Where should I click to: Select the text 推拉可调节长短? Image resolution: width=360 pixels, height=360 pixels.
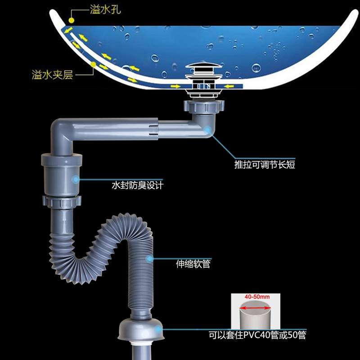pyautogui.click(x=265, y=164)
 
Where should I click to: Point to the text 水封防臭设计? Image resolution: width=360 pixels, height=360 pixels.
pyautogui.click(x=137, y=185)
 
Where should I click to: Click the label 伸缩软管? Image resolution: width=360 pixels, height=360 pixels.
pyautogui.click(x=193, y=264)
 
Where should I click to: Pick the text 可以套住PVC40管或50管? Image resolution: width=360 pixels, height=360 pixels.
pyautogui.click(x=260, y=335)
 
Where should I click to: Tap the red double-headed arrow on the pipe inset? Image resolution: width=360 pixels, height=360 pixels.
pyautogui.click(x=255, y=308)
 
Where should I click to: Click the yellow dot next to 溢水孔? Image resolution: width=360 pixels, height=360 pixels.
pyautogui.click(x=72, y=21)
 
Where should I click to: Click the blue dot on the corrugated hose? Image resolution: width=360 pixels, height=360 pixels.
pyautogui.click(x=149, y=259)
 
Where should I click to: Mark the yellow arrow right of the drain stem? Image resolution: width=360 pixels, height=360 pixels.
pyautogui.click(x=228, y=85)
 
